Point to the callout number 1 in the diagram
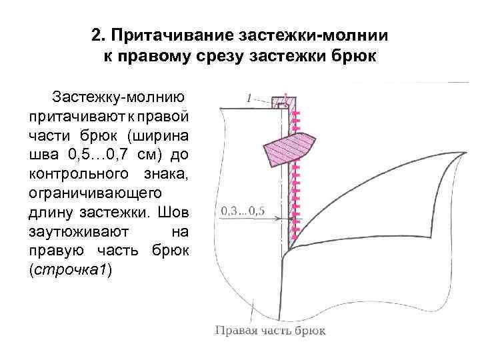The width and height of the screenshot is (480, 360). click(x=248, y=98)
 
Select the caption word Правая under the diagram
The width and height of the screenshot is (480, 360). click(x=235, y=329)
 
